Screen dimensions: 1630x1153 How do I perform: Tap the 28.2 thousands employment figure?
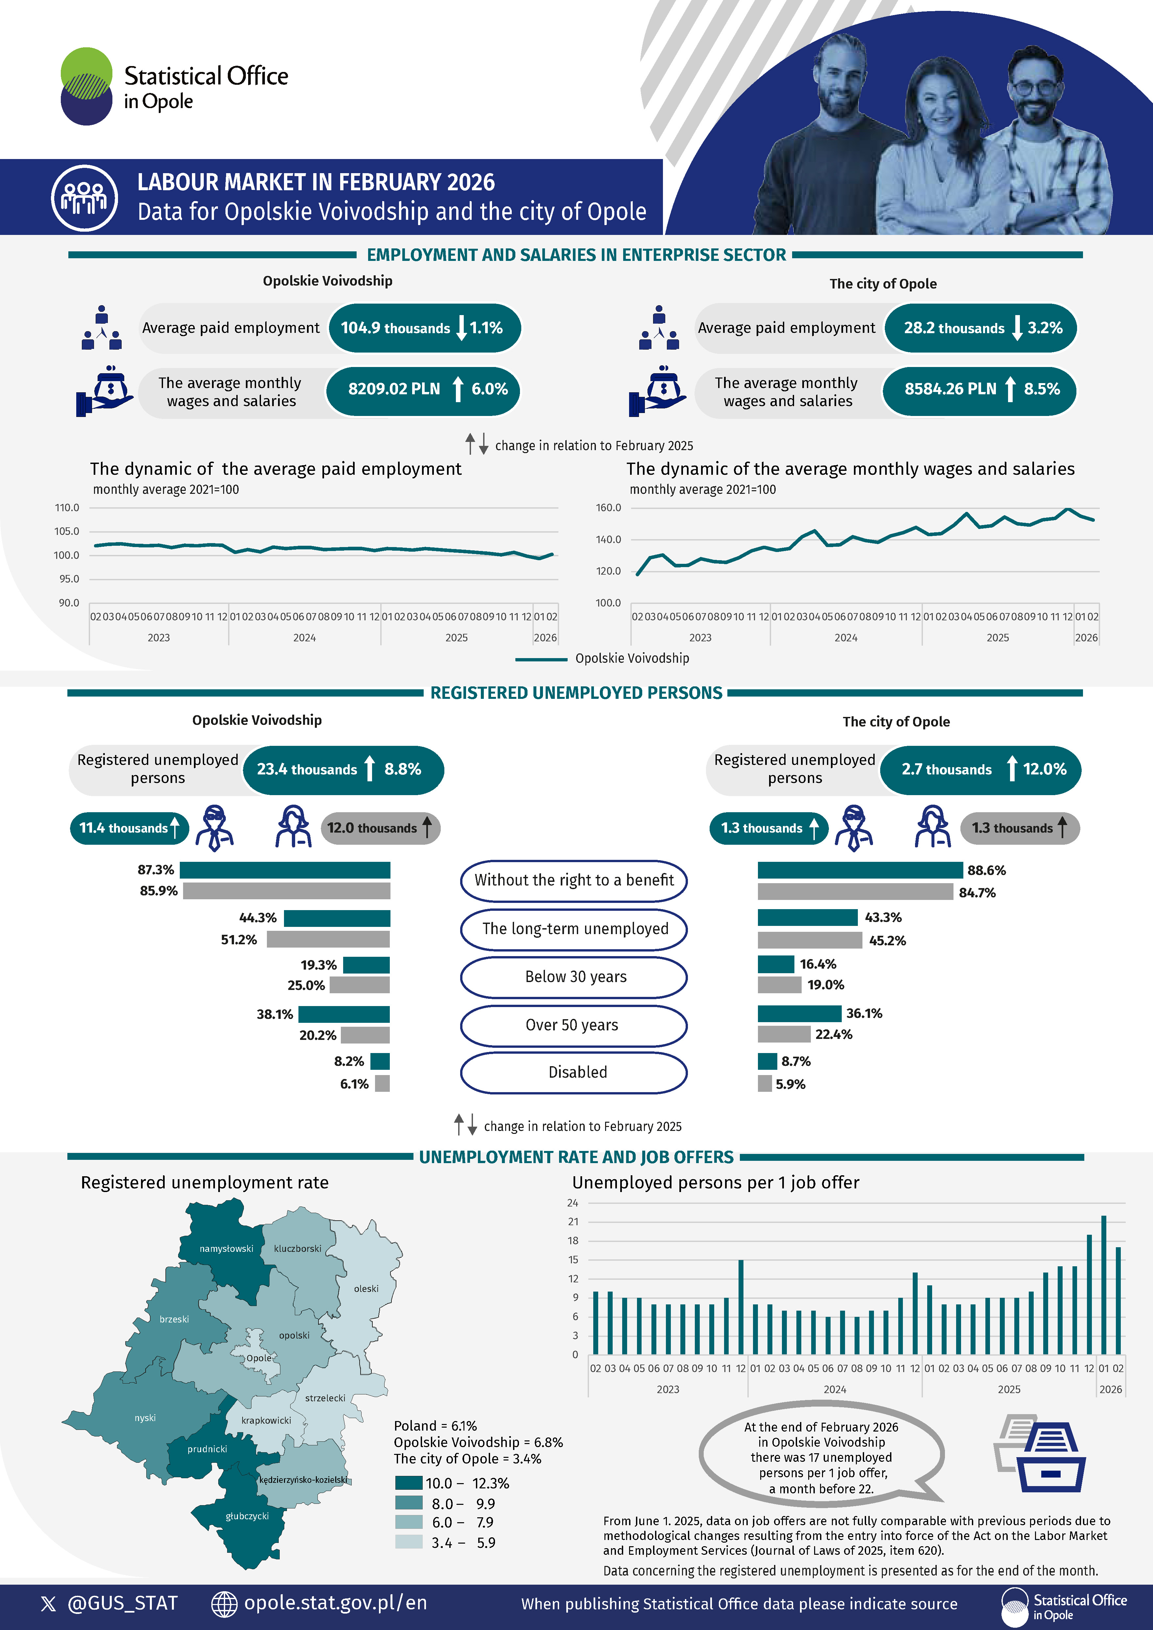[x=953, y=328]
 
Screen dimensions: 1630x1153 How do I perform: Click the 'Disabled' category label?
[x=577, y=1072]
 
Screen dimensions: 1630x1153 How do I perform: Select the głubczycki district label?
[x=247, y=1516]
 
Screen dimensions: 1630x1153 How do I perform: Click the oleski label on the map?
[x=365, y=1289]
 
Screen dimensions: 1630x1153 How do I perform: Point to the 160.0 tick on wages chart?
[x=608, y=508]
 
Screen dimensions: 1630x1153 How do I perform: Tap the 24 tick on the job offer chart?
[x=572, y=1203]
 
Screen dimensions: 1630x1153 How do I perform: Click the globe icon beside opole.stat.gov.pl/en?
[x=224, y=1604]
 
